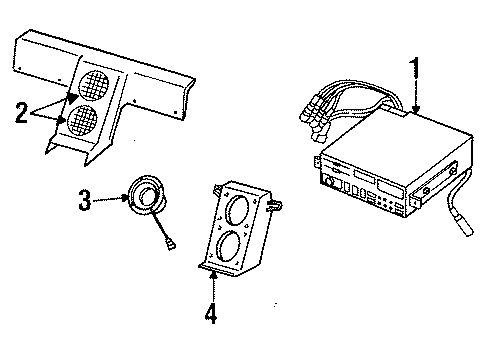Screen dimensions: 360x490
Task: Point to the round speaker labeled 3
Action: tap(145, 196)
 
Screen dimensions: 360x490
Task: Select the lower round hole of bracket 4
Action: tap(226, 247)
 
